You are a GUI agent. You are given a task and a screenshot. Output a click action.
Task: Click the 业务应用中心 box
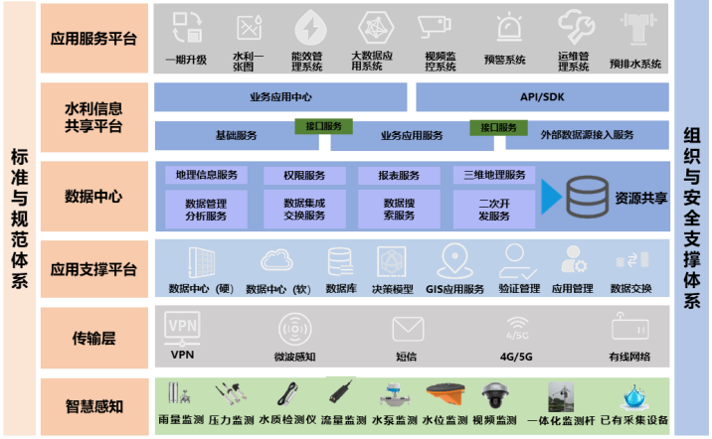click(281, 97)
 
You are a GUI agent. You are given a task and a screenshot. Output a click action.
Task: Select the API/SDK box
click(541, 97)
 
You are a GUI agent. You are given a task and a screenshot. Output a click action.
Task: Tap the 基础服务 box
click(236, 135)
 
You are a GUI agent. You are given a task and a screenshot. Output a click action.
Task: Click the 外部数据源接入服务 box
click(586, 135)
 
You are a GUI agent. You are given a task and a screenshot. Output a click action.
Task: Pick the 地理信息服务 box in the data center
click(206, 176)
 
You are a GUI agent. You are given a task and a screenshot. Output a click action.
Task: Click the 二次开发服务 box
click(480, 210)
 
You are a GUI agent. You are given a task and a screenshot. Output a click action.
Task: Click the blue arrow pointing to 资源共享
click(551, 197)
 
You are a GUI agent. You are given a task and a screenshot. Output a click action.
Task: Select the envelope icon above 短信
click(406, 328)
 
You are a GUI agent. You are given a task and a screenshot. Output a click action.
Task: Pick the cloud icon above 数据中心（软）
click(276, 261)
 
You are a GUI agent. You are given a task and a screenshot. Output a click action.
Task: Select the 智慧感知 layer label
click(92, 404)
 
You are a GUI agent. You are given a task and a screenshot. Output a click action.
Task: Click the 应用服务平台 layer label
click(92, 38)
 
